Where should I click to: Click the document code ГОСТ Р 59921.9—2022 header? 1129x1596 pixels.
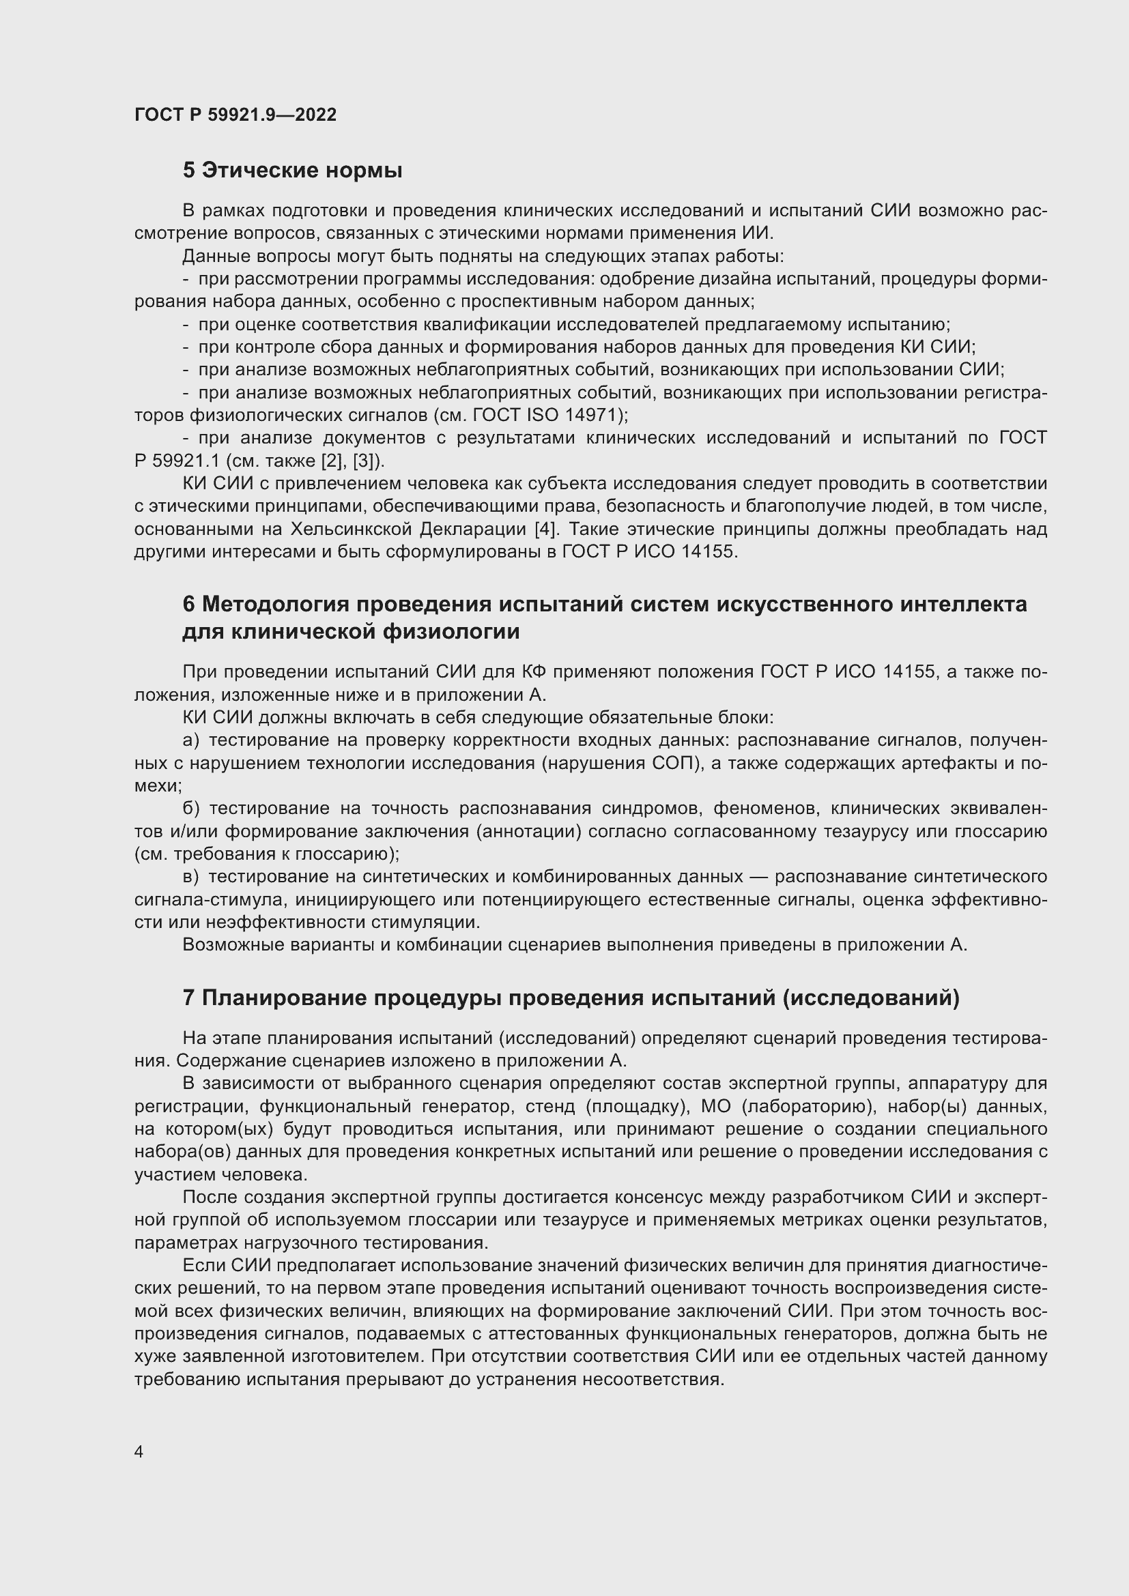pyautogui.click(x=235, y=115)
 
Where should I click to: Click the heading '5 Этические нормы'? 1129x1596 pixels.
pyautogui.click(x=292, y=171)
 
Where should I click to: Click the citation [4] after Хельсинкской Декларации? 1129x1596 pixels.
pyautogui.click(x=545, y=529)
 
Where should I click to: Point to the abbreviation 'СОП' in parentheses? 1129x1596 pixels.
pyautogui.click(x=674, y=764)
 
